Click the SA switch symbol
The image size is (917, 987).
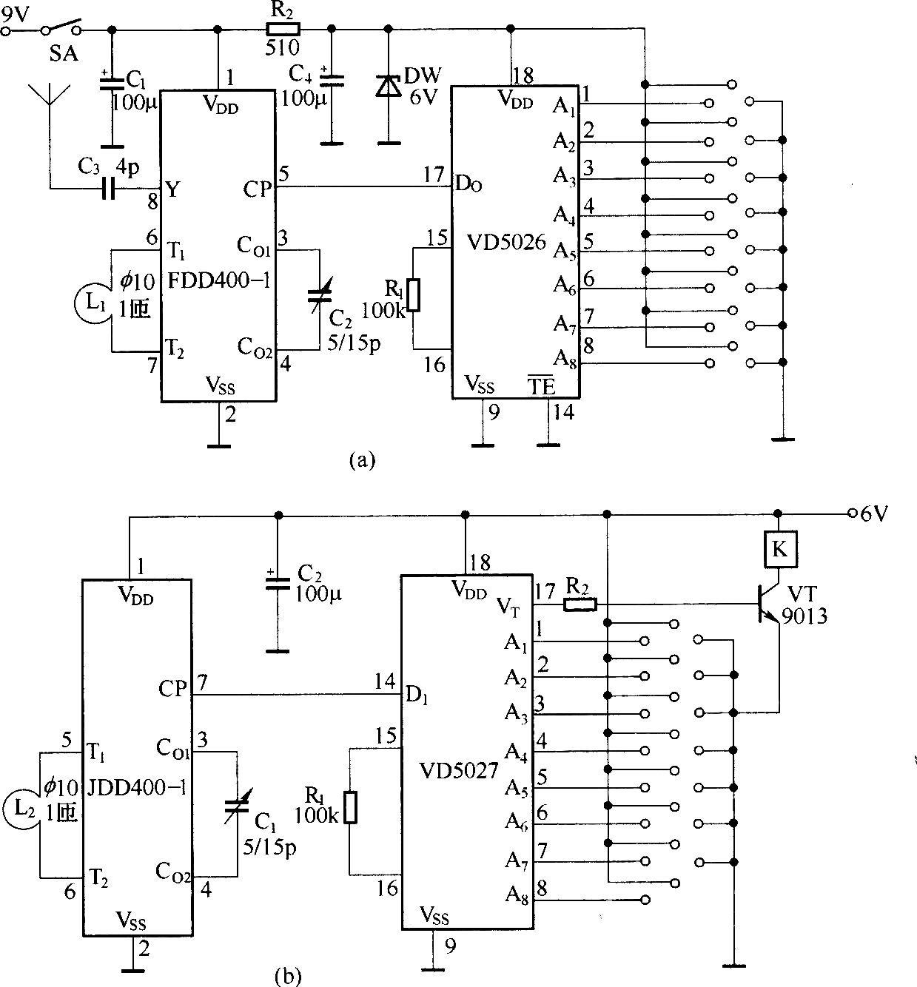pos(61,26)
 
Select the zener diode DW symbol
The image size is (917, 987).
pos(389,86)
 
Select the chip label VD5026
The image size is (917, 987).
pos(505,243)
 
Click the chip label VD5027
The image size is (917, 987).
pos(459,771)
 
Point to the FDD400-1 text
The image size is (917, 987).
pos(219,281)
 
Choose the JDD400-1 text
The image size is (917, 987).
pos(137,787)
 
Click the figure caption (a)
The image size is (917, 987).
pos(361,459)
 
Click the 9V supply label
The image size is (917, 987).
pos(16,16)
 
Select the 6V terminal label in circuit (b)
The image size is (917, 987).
pos(874,514)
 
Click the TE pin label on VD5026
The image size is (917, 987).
pos(540,385)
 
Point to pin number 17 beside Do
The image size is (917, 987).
pos(433,175)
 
